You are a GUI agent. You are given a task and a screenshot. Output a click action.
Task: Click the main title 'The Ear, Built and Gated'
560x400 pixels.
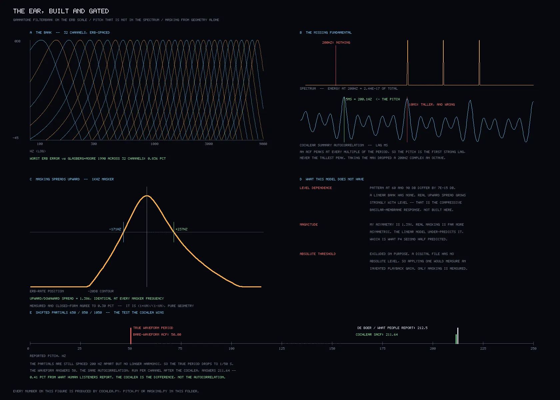click(x=61, y=11)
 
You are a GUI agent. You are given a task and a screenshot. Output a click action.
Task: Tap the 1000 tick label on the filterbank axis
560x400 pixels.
click(x=154, y=144)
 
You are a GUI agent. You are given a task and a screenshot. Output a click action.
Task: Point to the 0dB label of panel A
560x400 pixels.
click(x=17, y=41)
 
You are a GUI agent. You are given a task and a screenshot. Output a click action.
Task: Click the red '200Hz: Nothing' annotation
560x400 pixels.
click(x=336, y=43)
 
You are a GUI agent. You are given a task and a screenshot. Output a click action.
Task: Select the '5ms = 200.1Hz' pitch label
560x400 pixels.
click(x=359, y=99)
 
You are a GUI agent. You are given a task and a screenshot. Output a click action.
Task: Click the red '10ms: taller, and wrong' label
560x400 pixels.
click(x=432, y=105)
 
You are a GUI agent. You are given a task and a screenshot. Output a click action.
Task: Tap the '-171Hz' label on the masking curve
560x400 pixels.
click(x=115, y=229)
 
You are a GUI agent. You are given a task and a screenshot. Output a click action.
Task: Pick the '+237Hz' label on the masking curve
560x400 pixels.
click(x=181, y=229)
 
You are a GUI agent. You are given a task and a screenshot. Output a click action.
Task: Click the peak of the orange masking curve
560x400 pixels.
click(x=147, y=196)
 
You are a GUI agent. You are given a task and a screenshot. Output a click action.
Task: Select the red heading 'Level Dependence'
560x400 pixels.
click(x=316, y=188)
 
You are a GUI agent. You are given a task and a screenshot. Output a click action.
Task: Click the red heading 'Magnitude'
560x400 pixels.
click(x=309, y=225)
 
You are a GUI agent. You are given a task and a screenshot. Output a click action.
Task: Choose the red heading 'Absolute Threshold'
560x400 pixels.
click(x=318, y=254)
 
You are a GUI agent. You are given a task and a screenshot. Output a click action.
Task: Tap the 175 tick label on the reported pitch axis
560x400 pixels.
click(x=382, y=349)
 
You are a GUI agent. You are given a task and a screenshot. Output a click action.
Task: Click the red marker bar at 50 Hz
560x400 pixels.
click(x=131, y=336)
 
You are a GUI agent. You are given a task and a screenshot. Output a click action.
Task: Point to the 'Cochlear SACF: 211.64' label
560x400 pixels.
click(x=377, y=335)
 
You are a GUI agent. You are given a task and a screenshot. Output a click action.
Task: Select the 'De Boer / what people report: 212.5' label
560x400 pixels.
click(x=393, y=328)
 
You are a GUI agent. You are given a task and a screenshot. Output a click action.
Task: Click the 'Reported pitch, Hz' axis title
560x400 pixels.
click(x=48, y=356)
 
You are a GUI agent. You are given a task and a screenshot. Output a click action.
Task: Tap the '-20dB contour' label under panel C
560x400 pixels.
click(x=101, y=291)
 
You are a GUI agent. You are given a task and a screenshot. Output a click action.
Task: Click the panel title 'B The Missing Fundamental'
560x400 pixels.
click(x=326, y=33)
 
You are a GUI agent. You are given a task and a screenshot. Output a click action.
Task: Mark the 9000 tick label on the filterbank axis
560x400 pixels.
click(x=263, y=144)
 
